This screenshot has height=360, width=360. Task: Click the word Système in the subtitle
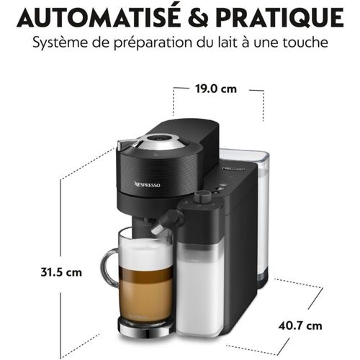point(59,43)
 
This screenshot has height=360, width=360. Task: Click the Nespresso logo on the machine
point(148,184)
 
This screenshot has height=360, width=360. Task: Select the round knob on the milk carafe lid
point(203,196)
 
